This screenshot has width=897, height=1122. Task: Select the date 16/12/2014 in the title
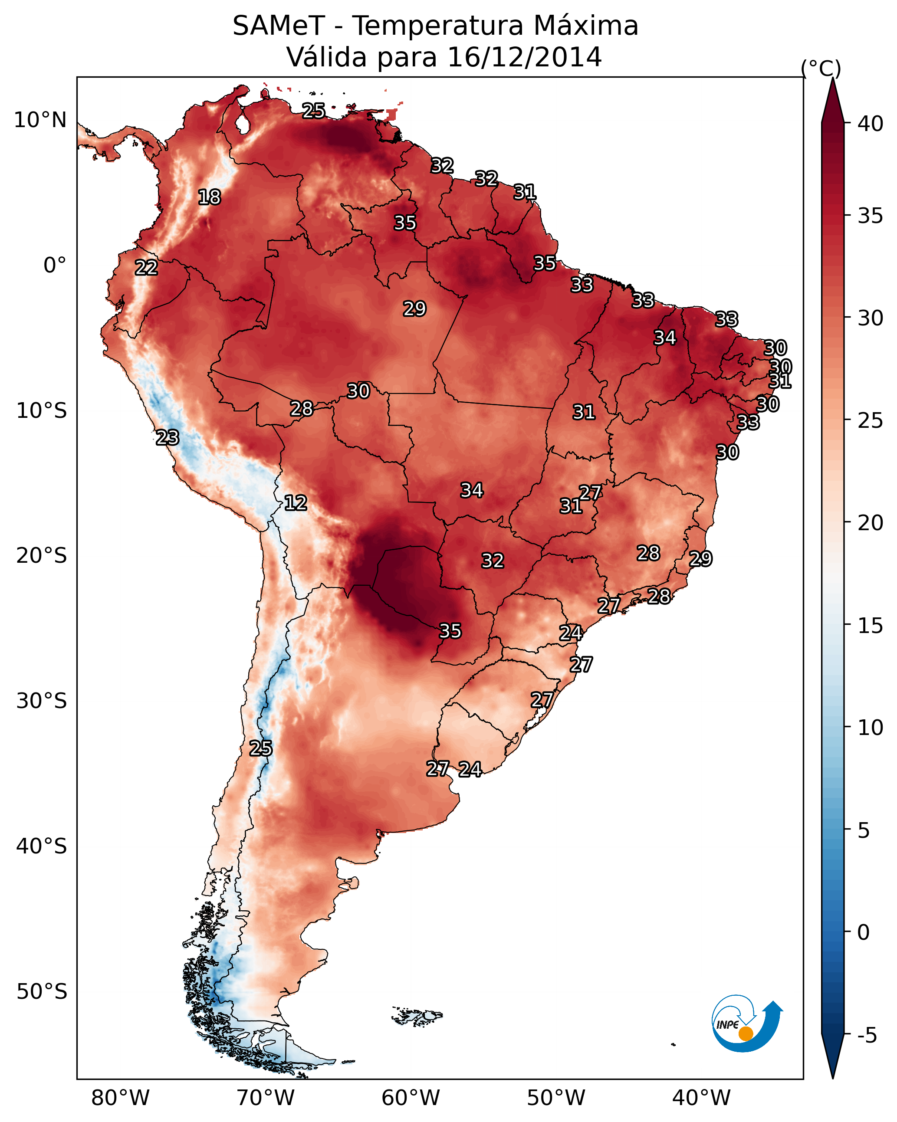click(524, 57)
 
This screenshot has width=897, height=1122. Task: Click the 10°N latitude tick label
click(40, 120)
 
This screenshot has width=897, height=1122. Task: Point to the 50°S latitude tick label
click(42, 992)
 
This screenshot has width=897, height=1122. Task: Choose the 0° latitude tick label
click(55, 266)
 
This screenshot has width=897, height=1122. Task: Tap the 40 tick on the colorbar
click(871, 124)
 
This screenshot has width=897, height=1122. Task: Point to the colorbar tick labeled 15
click(871, 626)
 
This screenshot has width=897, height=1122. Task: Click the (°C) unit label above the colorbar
click(821, 68)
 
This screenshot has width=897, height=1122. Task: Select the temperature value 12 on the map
click(296, 503)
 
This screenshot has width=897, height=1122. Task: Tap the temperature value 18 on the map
click(209, 197)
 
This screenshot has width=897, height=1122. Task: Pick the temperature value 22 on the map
click(146, 268)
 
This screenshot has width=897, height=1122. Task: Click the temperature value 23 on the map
click(168, 438)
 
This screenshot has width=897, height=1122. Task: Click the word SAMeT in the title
click(279, 26)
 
